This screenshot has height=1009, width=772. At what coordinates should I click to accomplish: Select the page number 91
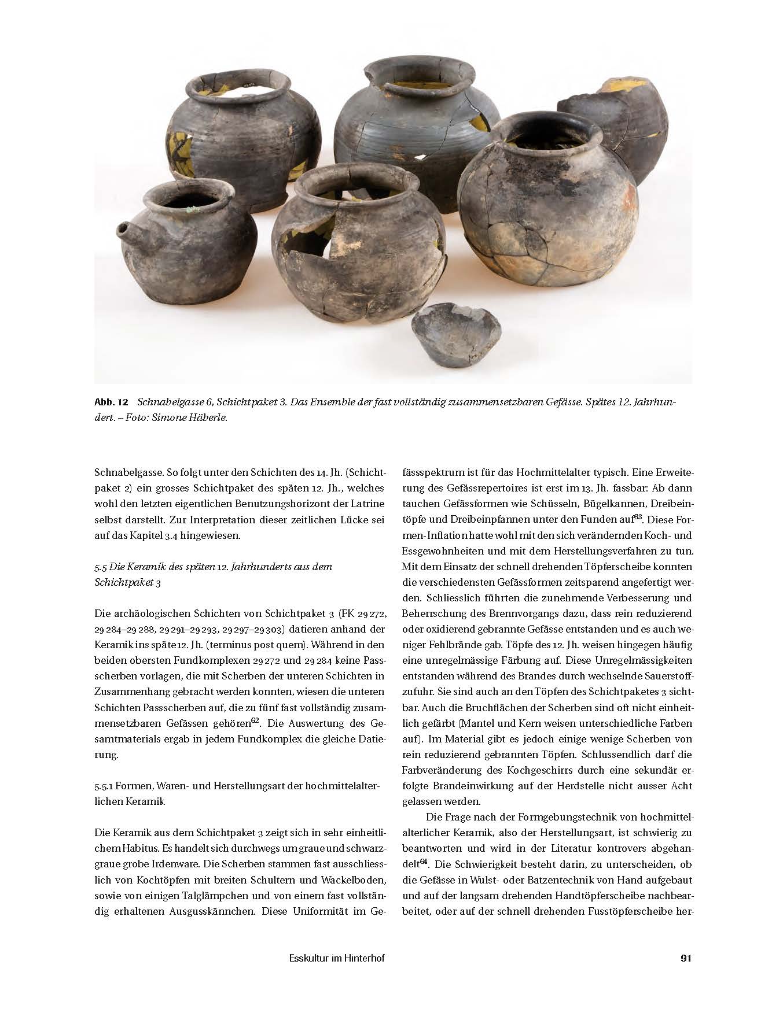(x=686, y=959)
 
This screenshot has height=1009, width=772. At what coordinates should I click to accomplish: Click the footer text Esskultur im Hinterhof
(x=336, y=959)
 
